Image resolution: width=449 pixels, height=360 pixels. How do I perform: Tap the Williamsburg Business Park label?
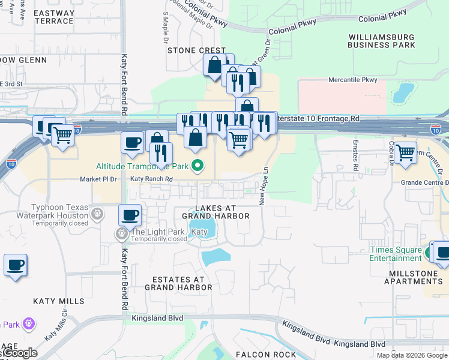[x=381, y=41]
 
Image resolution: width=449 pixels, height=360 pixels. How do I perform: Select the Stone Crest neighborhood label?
[x=196, y=50]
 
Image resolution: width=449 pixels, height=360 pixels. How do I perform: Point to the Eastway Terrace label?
[x=53, y=17]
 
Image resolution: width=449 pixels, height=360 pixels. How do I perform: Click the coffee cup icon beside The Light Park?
[x=130, y=214]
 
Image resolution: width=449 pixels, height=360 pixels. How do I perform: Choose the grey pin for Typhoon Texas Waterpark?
[x=97, y=213]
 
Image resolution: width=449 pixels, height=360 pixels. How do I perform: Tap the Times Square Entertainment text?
[x=396, y=254]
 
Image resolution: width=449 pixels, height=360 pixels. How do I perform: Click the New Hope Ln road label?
[x=262, y=186]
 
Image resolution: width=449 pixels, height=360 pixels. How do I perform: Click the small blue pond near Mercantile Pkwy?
[x=406, y=92]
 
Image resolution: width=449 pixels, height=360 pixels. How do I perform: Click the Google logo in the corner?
[x=19, y=353]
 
